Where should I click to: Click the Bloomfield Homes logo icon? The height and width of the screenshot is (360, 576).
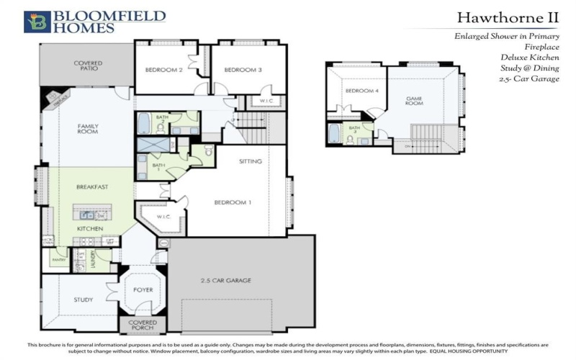click(36, 22)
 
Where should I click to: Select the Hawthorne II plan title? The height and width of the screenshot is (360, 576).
click(508, 17)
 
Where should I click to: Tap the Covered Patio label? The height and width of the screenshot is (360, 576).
click(88, 66)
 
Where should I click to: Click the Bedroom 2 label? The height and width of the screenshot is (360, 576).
click(165, 70)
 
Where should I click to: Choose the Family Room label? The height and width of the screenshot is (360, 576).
click(88, 129)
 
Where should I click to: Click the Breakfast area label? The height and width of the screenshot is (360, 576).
click(92, 187)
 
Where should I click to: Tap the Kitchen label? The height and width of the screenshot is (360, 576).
click(91, 228)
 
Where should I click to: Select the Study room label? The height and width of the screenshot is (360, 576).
click(84, 299)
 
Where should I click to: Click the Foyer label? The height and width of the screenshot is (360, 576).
click(143, 291)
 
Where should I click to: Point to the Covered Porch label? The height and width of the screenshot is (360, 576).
click(143, 325)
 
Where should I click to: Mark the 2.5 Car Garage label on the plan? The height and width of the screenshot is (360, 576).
click(225, 280)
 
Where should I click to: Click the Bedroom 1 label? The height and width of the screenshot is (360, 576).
click(233, 202)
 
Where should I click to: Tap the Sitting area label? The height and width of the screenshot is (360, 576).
click(251, 161)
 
